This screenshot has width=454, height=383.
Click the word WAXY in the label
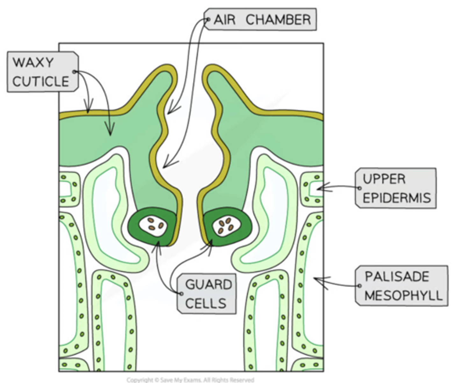click(33, 63)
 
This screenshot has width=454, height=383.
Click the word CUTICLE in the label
click(41, 82)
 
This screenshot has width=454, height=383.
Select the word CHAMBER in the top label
click(278, 20)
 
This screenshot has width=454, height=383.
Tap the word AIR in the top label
click(225, 20)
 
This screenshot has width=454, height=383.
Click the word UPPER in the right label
click(384, 179)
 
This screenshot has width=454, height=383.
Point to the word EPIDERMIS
click(397, 198)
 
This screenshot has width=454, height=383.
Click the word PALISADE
click(397, 276)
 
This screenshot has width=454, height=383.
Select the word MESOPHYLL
click(403, 295)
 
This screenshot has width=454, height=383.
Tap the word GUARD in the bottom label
click(209, 284)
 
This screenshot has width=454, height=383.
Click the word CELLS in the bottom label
click(206, 303)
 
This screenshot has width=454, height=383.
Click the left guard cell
click(152, 227)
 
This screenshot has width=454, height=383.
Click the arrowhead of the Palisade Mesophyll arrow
click(316, 279)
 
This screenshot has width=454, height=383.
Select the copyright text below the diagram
click(190, 380)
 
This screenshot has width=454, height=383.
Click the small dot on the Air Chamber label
click(208, 20)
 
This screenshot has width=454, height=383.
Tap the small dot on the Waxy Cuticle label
click(74, 72)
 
